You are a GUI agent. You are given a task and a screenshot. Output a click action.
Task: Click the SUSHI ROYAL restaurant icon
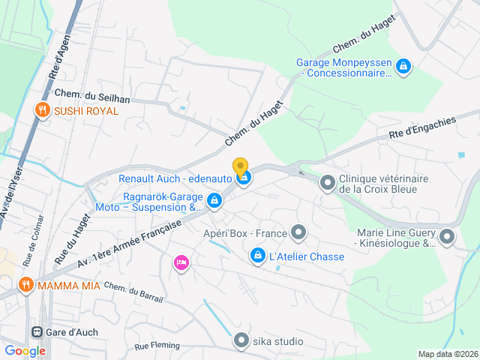[x=42, y=110]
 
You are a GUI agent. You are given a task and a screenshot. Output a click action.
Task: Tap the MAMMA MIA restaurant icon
[x=26, y=284]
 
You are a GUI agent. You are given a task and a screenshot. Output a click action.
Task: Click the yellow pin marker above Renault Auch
[x=240, y=166]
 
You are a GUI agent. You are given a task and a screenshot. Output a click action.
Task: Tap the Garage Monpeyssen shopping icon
[x=403, y=67]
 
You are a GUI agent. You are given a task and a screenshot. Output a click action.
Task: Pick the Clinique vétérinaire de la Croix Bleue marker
[x=328, y=182]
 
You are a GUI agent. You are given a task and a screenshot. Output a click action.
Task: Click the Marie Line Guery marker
[x=447, y=237]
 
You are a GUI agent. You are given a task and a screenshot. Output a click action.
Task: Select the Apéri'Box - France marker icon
[x=298, y=232]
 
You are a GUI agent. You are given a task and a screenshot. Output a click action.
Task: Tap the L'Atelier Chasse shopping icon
[x=257, y=256]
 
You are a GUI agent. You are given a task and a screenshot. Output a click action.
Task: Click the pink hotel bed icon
[x=181, y=262]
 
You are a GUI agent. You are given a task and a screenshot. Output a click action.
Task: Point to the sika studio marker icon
[x=241, y=341]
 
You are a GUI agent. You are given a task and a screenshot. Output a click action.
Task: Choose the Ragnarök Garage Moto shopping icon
[x=214, y=200]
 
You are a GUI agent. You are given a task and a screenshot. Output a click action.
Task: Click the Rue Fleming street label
[x=157, y=346]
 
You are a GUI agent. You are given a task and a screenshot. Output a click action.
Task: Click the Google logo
[x=25, y=350]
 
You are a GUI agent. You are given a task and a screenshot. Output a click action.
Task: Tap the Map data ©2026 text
[x=447, y=354]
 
